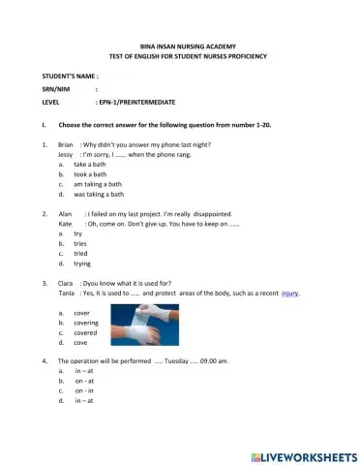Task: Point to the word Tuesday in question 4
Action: click(x=180, y=360)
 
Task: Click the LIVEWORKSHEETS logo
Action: click(x=304, y=453)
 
